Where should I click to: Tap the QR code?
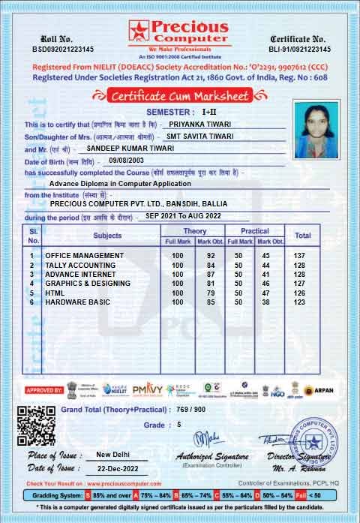pos(36,425)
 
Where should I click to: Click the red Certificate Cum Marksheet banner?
pos(180,95)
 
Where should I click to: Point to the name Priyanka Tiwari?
pos(199,124)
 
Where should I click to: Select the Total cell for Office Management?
pos(302,256)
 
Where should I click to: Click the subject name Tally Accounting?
pos(80,265)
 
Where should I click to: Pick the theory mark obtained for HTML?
pos(211,293)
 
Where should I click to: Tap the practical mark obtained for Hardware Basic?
pos(265,302)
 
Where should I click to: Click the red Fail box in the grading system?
pos(300,495)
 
